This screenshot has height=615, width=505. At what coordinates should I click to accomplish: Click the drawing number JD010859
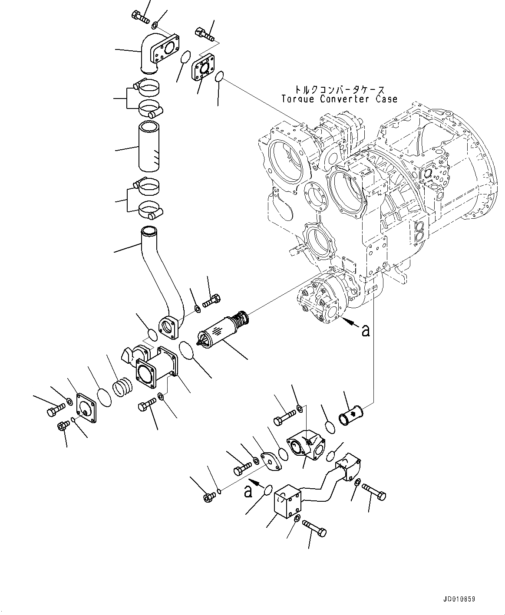[460, 599]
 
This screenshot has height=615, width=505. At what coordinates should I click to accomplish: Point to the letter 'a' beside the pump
[366, 331]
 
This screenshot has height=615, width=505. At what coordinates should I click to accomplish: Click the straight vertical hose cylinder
[148, 147]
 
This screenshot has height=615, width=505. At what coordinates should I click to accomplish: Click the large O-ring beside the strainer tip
[187, 350]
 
